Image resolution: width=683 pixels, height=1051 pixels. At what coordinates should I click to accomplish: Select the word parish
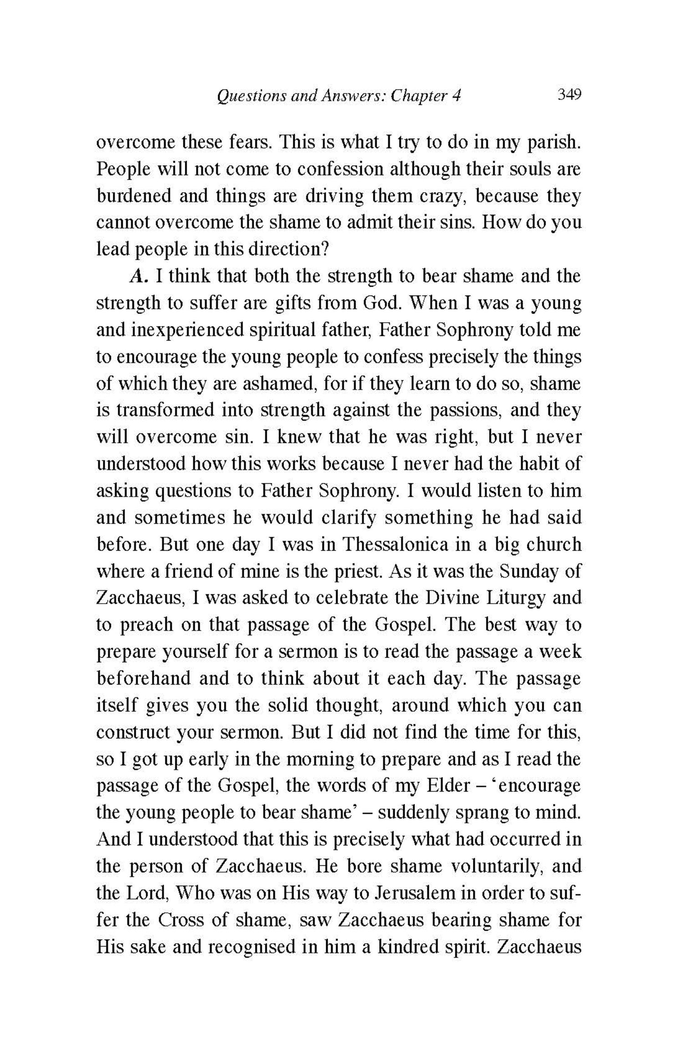[x=553, y=143]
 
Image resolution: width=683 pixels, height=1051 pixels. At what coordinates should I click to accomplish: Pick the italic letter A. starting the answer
[x=138, y=277]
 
